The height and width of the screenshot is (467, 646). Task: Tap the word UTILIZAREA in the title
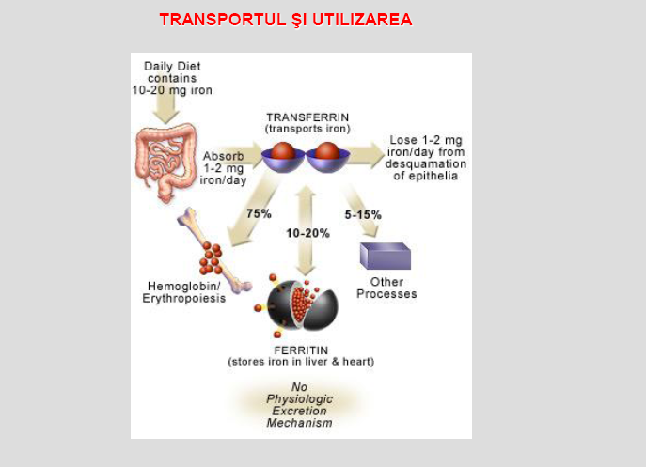[x=362, y=20]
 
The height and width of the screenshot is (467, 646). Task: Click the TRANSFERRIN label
[x=307, y=117]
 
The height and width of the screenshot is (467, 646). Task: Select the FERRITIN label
[x=301, y=350]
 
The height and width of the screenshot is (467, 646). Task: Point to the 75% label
[x=260, y=213]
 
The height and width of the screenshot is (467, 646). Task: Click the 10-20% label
[x=307, y=233]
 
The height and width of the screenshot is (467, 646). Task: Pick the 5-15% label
[x=363, y=214]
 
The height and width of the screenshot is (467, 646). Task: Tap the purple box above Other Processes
[x=386, y=257]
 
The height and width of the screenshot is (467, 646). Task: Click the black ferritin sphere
[x=302, y=305]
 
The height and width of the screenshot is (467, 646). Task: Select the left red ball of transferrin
[x=283, y=150]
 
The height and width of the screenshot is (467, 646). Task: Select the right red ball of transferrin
[x=327, y=150]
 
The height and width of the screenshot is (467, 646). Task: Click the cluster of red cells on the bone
[x=211, y=258]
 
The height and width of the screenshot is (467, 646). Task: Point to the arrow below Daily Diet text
[x=165, y=109]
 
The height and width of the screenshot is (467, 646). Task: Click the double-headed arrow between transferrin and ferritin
[x=306, y=230]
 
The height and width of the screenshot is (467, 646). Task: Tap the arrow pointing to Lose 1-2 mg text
[x=365, y=155]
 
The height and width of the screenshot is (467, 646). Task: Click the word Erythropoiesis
[x=183, y=298]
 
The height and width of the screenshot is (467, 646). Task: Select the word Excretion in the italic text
[x=300, y=411]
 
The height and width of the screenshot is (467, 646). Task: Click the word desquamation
[x=426, y=163]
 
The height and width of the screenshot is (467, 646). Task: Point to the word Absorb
[x=223, y=156]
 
